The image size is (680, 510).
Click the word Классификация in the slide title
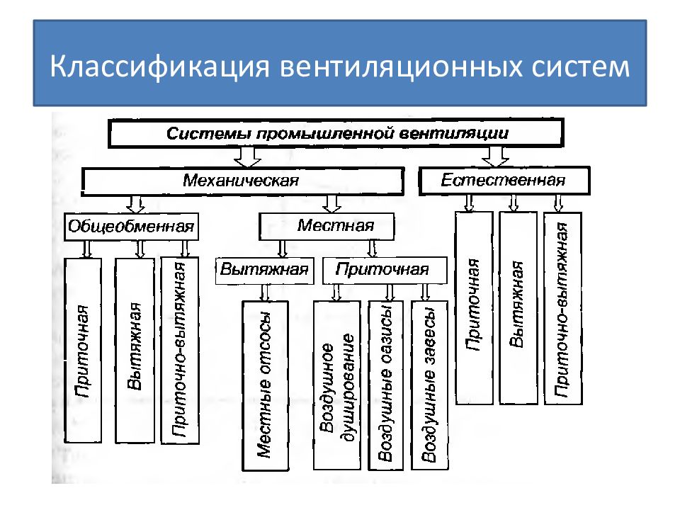pyautogui.click(x=159, y=66)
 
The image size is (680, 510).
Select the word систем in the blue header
pyautogui.click(x=580, y=67)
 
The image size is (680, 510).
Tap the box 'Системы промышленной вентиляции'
pyautogui.click(x=336, y=133)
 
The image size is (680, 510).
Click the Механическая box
pyautogui.click(x=242, y=181)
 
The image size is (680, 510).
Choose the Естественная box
pyautogui.click(x=504, y=181)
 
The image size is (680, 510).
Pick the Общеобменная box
pyautogui.click(x=131, y=227)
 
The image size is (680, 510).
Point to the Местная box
pyautogui.click(x=327, y=226)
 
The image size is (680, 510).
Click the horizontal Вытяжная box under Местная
pyautogui.click(x=264, y=271)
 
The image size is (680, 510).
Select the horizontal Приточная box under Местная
pyautogui.click(x=385, y=270)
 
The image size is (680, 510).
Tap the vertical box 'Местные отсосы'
pyautogui.click(x=265, y=385)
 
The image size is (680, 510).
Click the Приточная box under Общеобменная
pyautogui.click(x=83, y=351)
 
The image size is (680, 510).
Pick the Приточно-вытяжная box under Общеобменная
pyautogui.click(x=180, y=351)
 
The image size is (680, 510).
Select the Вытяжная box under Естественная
pyautogui.click(x=518, y=308)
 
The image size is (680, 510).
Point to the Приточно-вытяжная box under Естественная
pyautogui.click(x=563, y=308)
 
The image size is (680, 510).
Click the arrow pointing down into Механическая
pyautogui.click(x=247, y=157)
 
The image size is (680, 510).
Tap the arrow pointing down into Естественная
pyautogui.click(x=496, y=156)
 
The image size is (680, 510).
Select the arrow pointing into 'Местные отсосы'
pyautogui.click(x=265, y=293)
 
